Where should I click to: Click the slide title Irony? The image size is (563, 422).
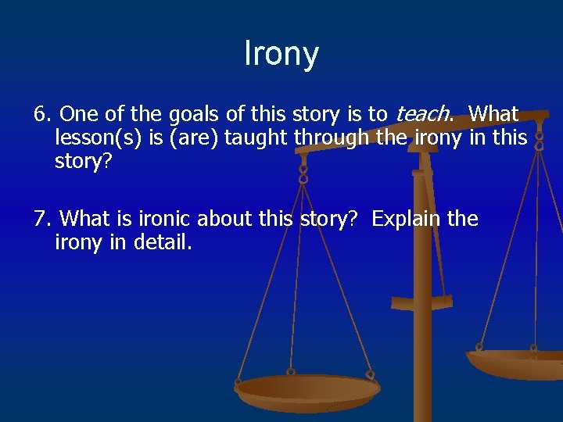pos(281,53)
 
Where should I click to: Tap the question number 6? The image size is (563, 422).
pos(41,114)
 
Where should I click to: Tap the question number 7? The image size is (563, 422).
pos(41,218)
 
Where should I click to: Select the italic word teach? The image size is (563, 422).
pos(422,114)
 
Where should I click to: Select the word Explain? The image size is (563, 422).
pos(406,218)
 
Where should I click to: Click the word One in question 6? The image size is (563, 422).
pos(74,114)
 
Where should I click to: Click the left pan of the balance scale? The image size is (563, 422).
pos(307,391)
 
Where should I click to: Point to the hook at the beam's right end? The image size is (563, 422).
pos(538,141)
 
